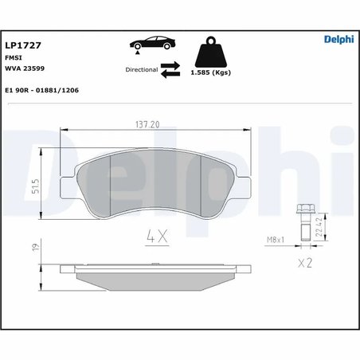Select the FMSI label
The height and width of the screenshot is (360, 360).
13,58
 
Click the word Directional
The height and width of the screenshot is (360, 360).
142,70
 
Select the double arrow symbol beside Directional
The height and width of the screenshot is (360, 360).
170,70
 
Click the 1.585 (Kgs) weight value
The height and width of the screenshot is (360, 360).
210,72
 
